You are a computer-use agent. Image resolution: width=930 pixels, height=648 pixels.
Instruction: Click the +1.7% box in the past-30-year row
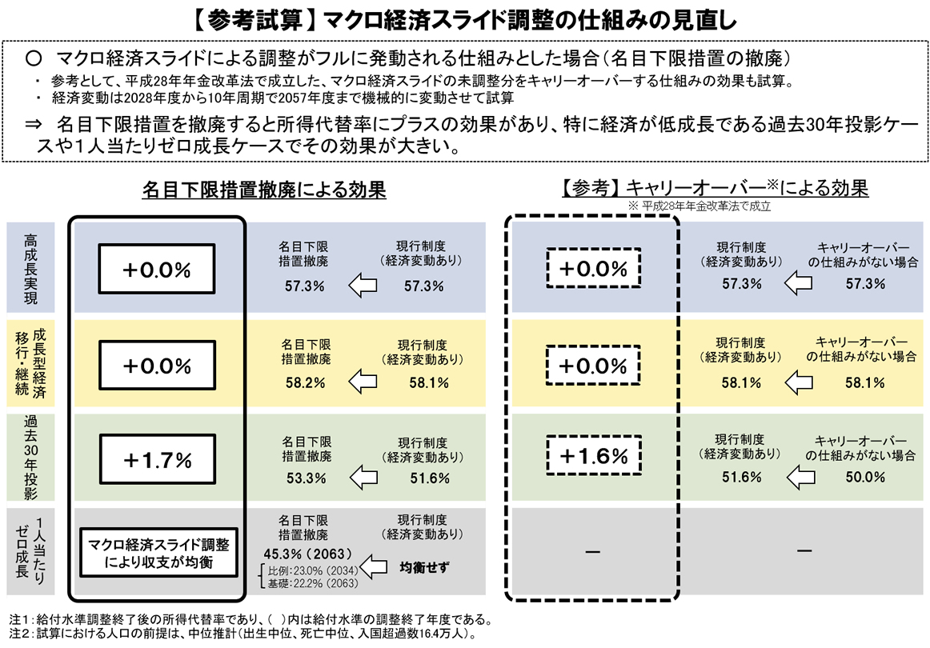[x=157, y=459]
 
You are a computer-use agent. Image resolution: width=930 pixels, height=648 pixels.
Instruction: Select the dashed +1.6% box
[x=593, y=455]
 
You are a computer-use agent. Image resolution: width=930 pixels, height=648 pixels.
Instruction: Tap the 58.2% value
[x=306, y=383]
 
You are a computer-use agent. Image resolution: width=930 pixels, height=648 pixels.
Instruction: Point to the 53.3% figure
[x=306, y=478]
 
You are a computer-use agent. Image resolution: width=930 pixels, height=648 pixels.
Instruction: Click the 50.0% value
[x=865, y=477]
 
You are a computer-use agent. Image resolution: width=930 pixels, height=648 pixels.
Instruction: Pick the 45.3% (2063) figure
[x=308, y=554]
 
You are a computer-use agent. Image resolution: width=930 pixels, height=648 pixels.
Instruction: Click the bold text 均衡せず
[x=424, y=567]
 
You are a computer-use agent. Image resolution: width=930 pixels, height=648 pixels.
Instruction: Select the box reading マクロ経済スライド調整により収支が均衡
[x=158, y=553]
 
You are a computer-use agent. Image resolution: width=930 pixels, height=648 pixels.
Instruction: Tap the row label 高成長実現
[x=31, y=269]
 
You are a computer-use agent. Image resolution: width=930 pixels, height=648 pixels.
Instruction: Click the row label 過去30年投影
[x=31, y=457]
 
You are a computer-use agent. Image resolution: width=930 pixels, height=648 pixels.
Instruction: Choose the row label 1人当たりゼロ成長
[x=31, y=551]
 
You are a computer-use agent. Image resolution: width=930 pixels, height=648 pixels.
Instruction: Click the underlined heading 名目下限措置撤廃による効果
[x=264, y=190]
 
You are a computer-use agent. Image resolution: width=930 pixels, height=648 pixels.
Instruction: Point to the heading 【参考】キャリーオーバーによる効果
[x=715, y=188]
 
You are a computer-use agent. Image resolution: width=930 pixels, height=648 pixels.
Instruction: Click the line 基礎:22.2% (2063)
[x=313, y=583]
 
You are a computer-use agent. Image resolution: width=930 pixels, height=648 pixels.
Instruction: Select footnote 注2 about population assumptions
[x=243, y=634]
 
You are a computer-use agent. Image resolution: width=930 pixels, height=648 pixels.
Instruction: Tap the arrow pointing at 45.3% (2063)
[x=374, y=566]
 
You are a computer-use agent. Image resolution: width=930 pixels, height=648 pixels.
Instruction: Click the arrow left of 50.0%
[x=800, y=476]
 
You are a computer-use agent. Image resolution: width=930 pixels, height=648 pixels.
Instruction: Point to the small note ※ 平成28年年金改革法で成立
[x=700, y=206]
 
